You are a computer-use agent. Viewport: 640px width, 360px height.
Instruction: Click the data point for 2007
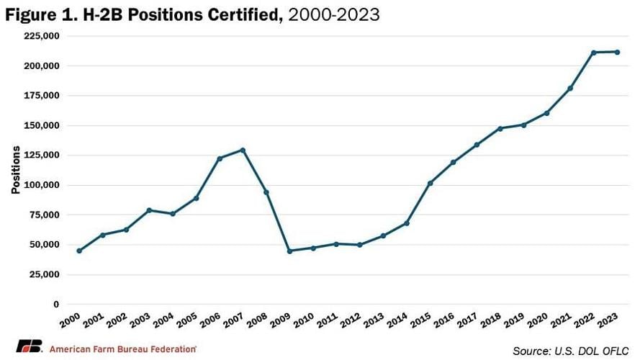[x=243, y=150]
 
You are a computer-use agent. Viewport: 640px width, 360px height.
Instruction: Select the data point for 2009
[x=289, y=251]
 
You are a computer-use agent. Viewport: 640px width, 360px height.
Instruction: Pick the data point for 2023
[x=617, y=52]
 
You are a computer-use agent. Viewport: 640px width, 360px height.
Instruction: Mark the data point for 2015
[x=430, y=183]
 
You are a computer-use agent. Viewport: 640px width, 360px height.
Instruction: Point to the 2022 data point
[x=594, y=53]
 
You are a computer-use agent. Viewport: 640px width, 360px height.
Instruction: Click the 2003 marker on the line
[x=149, y=210]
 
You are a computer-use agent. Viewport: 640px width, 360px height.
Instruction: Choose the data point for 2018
[x=500, y=128]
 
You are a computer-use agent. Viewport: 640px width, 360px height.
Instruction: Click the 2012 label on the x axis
[x=351, y=320]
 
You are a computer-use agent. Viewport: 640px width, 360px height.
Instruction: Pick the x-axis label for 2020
[x=538, y=320]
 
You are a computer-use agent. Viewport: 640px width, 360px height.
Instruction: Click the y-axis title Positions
[x=15, y=171]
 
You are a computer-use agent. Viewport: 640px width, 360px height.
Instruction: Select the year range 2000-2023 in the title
[x=333, y=14]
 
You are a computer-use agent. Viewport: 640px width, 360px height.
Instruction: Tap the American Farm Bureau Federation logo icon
[x=30, y=348]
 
